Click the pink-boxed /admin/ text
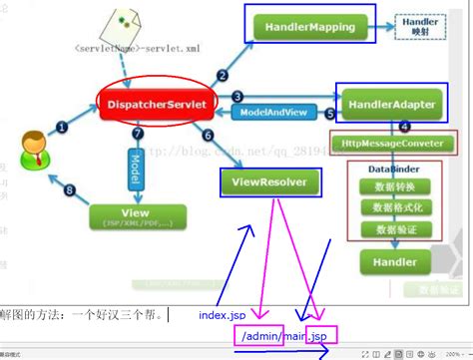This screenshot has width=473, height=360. click(257, 337)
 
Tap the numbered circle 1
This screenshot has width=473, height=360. click(61, 127)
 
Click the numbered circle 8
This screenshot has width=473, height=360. click(69, 191)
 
